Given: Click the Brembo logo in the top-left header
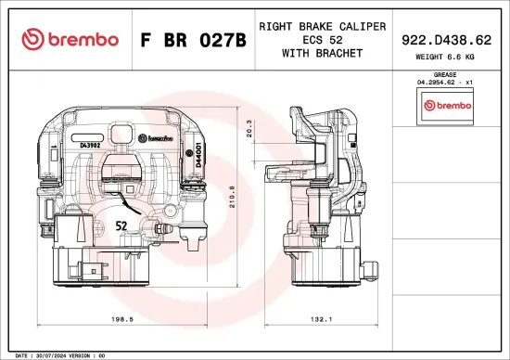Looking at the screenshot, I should click(x=70, y=39).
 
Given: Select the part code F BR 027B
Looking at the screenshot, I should click(x=192, y=40).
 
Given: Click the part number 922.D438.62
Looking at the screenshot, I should click(x=446, y=40).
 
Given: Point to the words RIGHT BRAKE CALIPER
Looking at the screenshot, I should click(x=322, y=27).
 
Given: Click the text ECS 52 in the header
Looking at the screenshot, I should click(x=322, y=40).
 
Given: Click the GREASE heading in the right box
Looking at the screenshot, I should click(x=446, y=74).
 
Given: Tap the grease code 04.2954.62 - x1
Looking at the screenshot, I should click(x=446, y=83).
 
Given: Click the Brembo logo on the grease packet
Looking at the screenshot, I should click(x=446, y=106).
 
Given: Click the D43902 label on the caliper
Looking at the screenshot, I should click(x=91, y=146).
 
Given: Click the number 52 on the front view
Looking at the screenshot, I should click(x=121, y=225).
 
